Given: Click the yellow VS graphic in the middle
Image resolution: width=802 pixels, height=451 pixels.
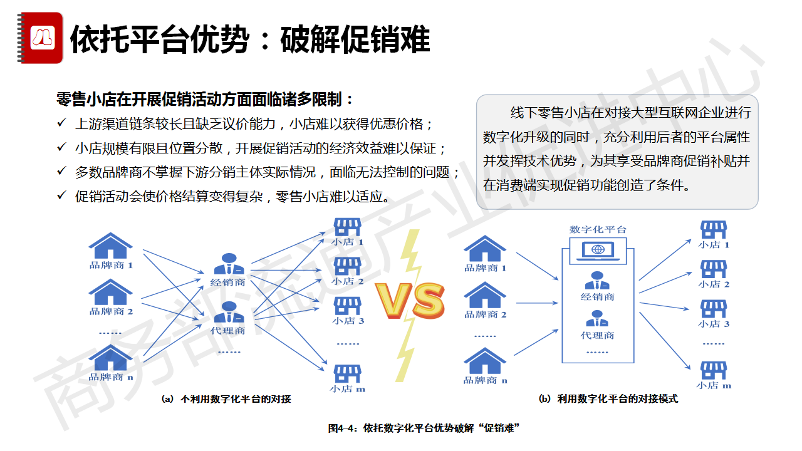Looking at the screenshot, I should (410, 300).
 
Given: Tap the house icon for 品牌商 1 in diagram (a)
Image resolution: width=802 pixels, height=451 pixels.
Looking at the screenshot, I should (111, 246).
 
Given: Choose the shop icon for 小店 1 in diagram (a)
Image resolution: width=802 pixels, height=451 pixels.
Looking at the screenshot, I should (347, 227).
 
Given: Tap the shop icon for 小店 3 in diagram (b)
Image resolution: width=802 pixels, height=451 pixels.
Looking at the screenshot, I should (713, 309).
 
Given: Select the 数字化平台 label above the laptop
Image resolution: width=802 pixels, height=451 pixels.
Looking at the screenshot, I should (598, 229).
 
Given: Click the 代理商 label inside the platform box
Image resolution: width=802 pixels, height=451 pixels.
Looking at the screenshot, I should (597, 336).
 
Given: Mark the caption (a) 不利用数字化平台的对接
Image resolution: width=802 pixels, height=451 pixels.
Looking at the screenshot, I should (226, 399).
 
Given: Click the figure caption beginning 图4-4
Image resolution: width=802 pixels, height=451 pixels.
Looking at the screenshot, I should (424, 428).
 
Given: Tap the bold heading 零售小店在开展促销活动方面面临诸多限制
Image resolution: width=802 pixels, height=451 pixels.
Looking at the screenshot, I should (206, 100).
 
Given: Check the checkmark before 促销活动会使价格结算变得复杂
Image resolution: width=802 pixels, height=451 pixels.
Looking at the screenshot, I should (61, 195).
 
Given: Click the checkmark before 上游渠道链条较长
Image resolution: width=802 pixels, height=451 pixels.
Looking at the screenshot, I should (61, 122).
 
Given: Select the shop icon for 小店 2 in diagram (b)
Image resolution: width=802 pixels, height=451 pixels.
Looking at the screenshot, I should (713, 269).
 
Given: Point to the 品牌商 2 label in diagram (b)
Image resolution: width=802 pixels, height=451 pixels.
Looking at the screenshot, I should (485, 314).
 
